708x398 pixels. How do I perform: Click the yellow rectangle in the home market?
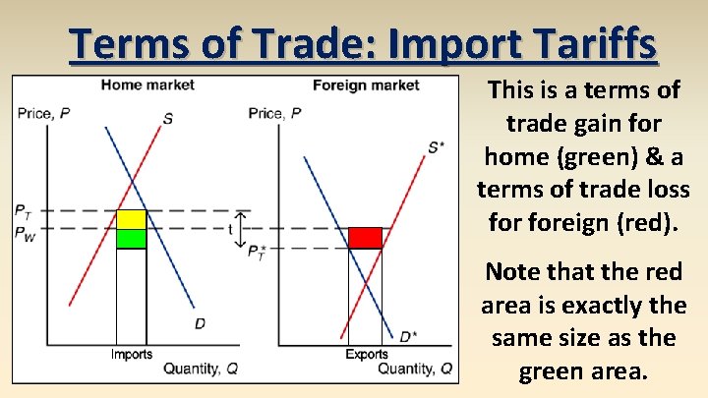(x=131, y=219)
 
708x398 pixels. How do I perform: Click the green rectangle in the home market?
(x=131, y=238)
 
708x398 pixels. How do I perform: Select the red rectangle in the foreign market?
(x=365, y=238)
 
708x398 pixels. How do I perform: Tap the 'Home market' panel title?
(x=147, y=85)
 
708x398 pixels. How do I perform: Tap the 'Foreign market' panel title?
(x=366, y=85)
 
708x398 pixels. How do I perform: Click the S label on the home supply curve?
(x=168, y=119)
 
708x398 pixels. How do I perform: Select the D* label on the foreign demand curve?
(x=407, y=337)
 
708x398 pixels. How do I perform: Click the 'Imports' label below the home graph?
(x=131, y=354)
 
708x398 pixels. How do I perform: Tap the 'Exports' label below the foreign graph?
(x=366, y=354)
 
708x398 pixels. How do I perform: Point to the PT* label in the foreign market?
(x=257, y=254)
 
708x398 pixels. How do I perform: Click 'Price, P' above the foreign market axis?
(x=275, y=113)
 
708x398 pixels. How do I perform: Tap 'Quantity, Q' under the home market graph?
(x=200, y=369)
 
